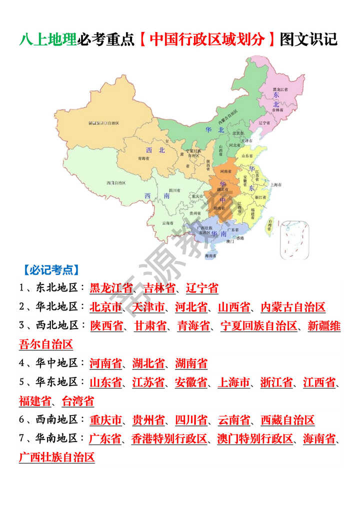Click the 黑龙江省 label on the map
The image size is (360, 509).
pos(280,88)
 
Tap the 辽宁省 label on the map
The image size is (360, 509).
pos(264,122)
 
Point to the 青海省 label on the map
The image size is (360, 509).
pos(143,158)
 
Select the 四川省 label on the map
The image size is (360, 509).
pos(174,190)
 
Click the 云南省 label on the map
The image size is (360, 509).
pos(167,223)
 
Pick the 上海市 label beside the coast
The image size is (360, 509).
pos(276,184)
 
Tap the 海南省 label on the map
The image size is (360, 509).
pos(210,255)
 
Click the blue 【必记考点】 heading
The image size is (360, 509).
pos(50,270)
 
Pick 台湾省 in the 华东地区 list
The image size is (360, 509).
pos(77,401)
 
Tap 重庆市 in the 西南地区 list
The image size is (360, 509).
pos(105,419)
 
